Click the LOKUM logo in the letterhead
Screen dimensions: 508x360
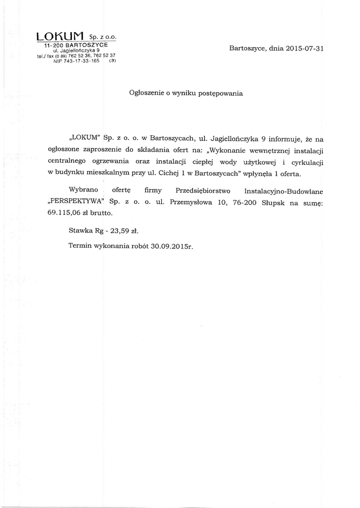tap(61, 36)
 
